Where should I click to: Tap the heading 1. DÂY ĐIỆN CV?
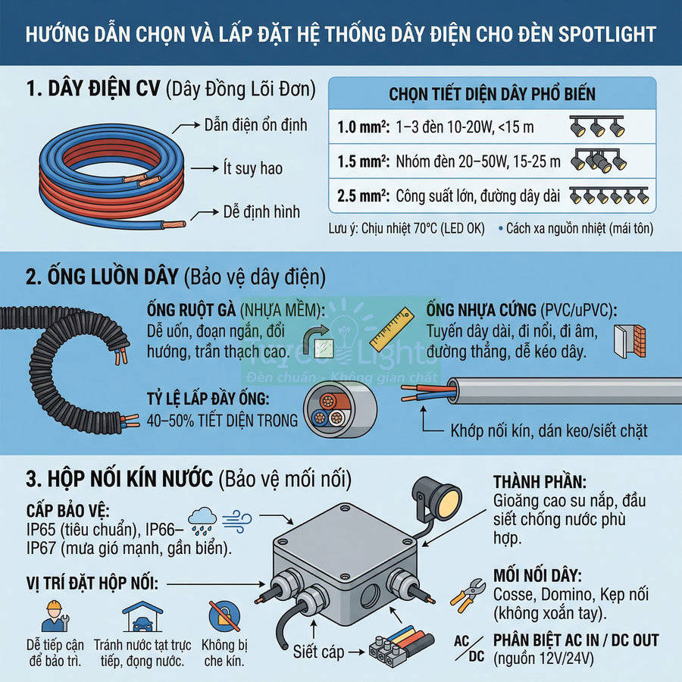tap(92, 89)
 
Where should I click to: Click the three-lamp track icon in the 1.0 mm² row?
tap(597, 125)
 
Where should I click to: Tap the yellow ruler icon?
tap(391, 325)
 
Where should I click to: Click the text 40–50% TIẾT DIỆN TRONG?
tap(223, 421)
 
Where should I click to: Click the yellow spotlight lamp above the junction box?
tap(443, 497)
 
